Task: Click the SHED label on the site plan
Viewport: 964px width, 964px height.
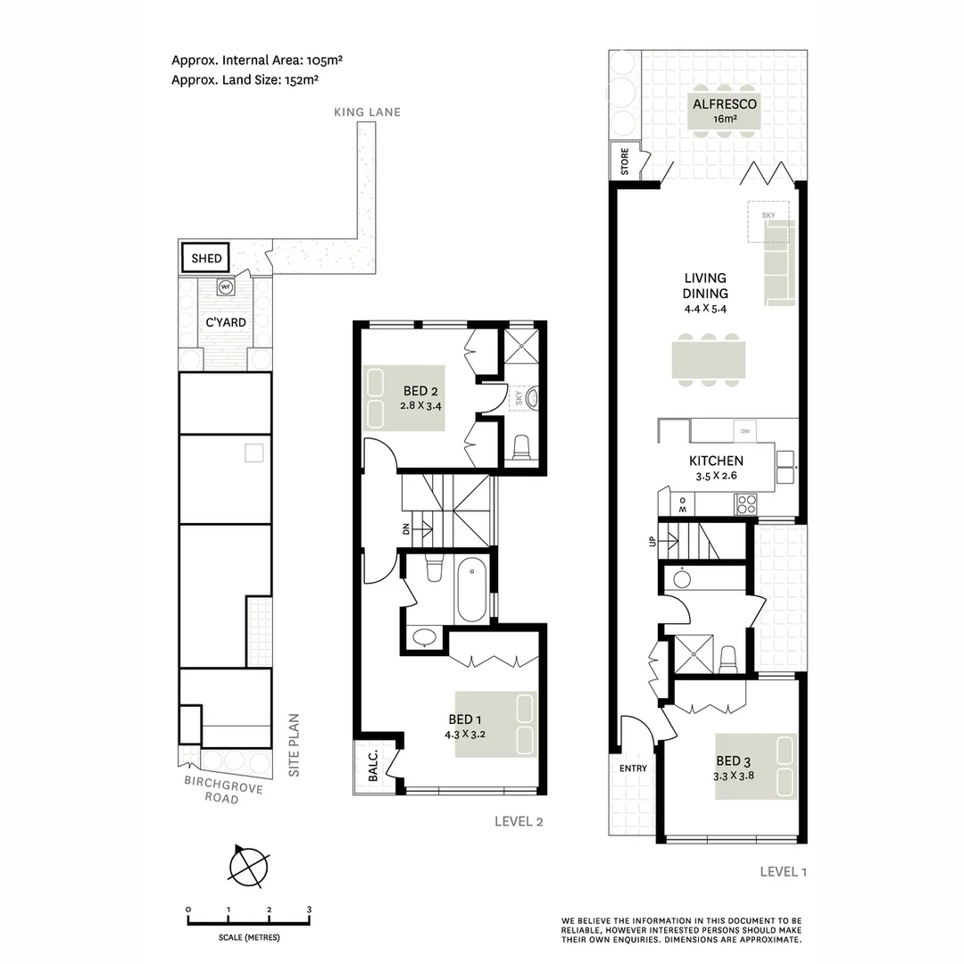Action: (206, 259)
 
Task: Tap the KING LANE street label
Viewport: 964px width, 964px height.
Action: (367, 112)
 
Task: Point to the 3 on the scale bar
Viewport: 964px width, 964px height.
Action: (309, 909)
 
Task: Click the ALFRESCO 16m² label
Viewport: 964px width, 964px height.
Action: (725, 111)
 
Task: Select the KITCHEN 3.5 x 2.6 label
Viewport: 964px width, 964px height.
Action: (716, 468)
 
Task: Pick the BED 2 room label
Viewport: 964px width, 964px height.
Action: (420, 398)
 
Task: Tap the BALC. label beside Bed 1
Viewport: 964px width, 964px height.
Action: (373, 766)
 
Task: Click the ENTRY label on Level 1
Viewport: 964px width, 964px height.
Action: (632, 769)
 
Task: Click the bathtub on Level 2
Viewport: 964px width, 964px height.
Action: (470, 591)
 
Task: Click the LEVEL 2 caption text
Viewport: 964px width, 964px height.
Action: (519, 822)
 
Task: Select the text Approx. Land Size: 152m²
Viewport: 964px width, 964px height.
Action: (245, 79)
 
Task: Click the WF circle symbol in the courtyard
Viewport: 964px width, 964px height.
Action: (225, 287)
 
